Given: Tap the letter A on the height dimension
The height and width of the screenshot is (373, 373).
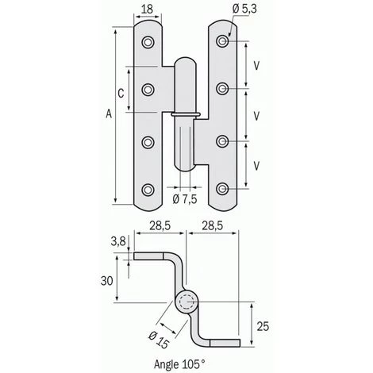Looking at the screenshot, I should coord(109,116).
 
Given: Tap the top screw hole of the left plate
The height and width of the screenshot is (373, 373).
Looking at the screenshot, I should coord(148,41).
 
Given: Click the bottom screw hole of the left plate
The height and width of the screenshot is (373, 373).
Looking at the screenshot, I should coord(148,189).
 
